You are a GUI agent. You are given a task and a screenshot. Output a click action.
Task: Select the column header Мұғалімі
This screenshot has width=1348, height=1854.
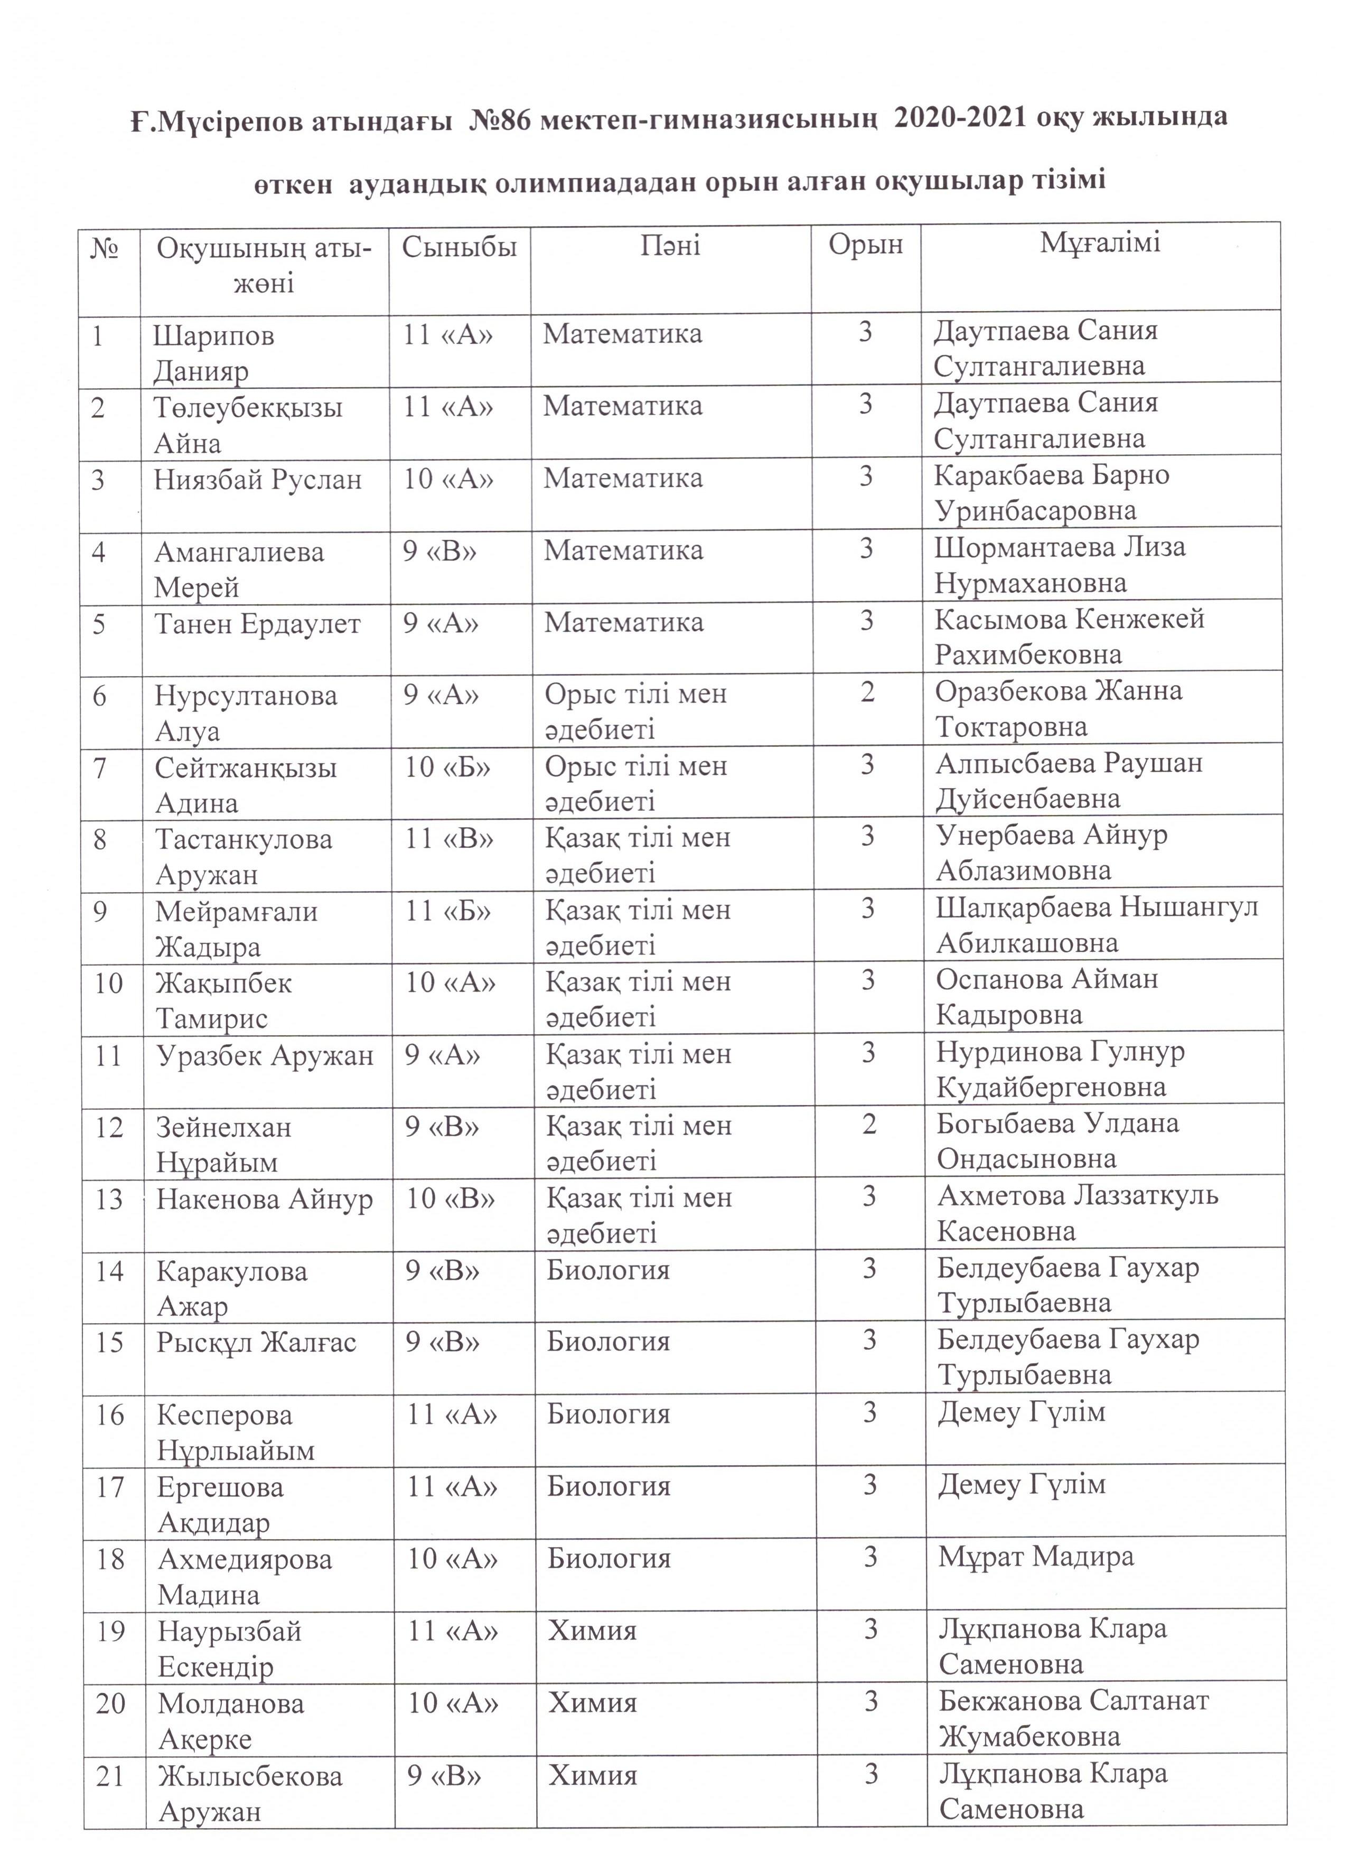(1100, 243)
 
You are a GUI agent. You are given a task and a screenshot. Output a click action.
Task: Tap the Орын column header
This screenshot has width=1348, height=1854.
(866, 245)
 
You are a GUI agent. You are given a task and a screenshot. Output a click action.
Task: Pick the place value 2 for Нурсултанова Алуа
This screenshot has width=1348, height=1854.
(867, 692)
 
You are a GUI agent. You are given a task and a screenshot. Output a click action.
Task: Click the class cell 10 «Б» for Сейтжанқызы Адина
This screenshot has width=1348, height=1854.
(449, 767)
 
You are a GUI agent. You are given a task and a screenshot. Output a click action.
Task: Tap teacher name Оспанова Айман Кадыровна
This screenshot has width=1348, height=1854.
(1047, 997)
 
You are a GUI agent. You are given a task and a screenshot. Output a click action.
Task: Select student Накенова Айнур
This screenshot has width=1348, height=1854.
(265, 1199)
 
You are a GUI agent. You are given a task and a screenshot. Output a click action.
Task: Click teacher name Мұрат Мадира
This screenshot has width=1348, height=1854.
(1036, 1557)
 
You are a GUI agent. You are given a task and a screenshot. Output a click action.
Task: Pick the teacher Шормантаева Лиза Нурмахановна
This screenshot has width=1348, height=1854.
(1060, 565)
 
